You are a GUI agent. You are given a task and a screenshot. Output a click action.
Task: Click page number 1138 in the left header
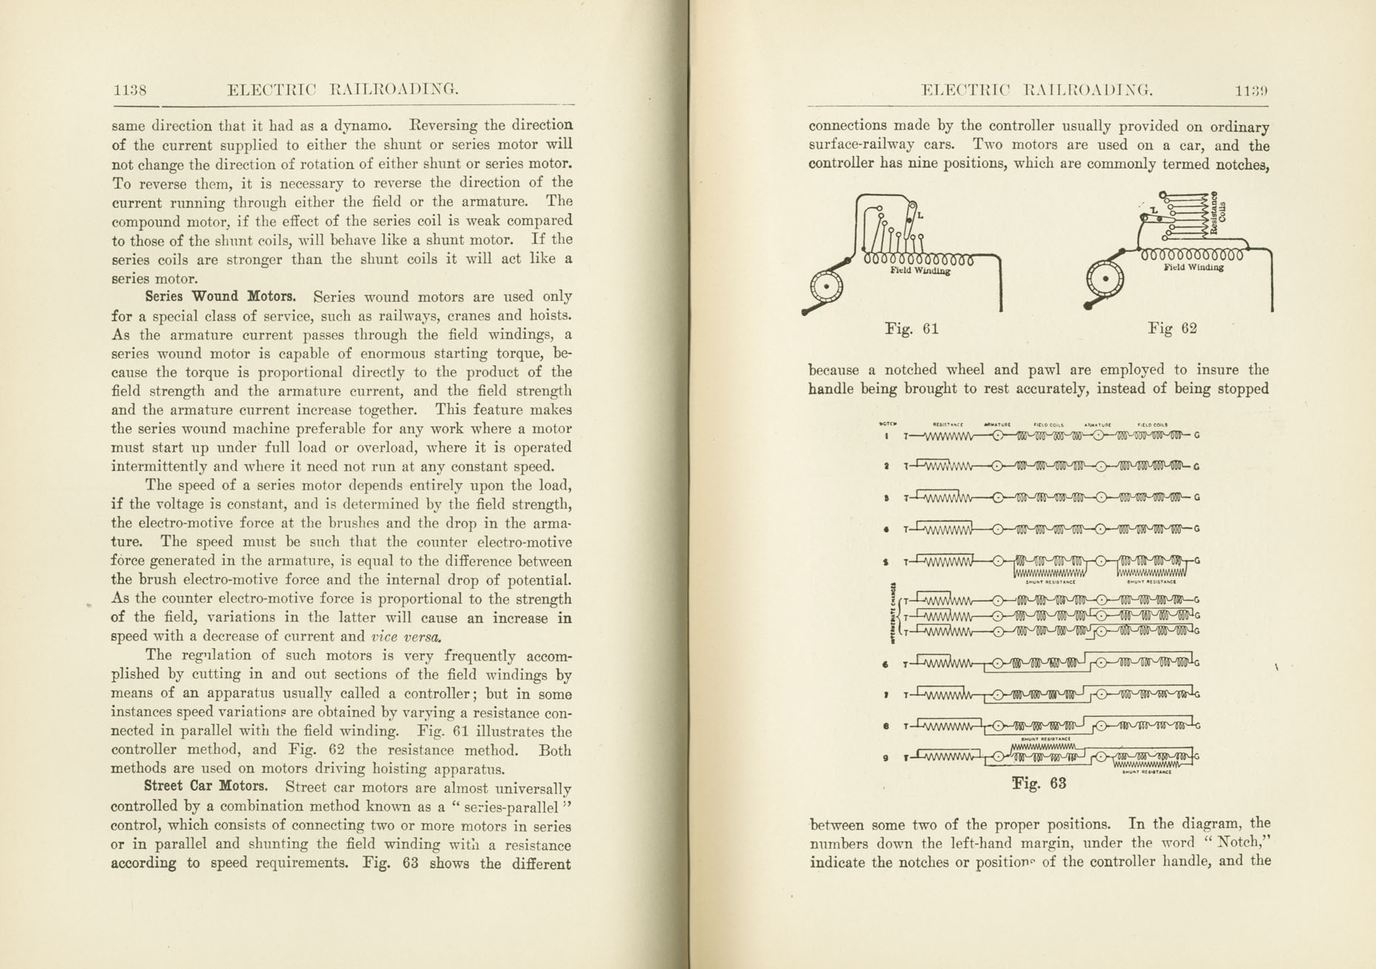coord(129,90)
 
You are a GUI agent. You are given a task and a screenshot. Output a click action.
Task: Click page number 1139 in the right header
coord(1251,91)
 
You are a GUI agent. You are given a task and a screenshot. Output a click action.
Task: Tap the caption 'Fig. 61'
coord(911,328)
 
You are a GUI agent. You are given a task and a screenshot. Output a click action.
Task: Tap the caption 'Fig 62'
coord(1172,328)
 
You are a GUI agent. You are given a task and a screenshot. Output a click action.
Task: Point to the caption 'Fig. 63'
coord(1039,783)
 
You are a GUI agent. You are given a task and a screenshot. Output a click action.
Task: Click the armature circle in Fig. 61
coord(827,285)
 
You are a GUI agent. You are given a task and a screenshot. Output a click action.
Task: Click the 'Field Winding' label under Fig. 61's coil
coord(920,271)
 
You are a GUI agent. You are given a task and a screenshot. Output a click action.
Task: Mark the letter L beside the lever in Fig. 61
coord(920,216)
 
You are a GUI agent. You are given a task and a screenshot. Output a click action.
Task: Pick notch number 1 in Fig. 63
coord(886,436)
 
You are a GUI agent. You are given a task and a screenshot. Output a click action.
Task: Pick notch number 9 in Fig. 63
coord(886,757)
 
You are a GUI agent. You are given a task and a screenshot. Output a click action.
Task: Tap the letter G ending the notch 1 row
coord(1197,436)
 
